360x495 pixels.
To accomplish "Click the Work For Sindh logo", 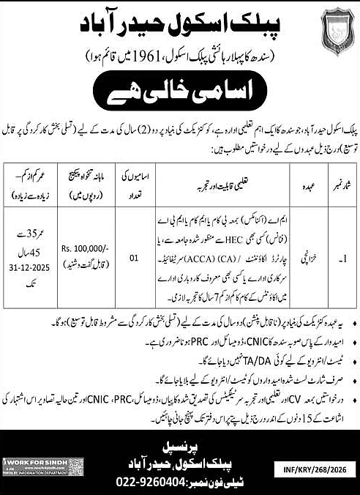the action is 43,466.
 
